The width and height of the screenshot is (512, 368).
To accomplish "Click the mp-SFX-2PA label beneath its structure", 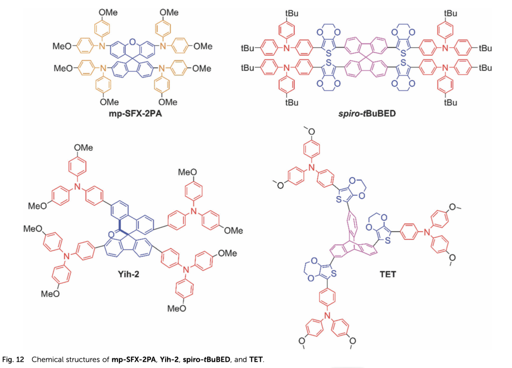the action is [135, 114].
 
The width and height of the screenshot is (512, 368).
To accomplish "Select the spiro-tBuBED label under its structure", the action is [367, 114].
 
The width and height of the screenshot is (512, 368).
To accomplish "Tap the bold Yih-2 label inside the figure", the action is [128, 274].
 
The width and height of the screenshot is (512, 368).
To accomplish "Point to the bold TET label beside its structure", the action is [388, 274].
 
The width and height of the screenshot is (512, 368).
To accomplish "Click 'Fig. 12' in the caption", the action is [13, 359].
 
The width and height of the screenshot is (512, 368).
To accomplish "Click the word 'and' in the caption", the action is [240, 359].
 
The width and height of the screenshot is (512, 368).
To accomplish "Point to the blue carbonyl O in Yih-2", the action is [111, 234].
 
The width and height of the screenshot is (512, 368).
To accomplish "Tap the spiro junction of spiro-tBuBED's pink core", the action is [366, 58].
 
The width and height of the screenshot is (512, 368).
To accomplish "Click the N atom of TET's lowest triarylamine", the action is [327, 315].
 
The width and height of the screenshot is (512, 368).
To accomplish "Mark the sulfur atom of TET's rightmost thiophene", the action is [388, 241].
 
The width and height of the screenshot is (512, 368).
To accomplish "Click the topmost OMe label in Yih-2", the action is [83, 148].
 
